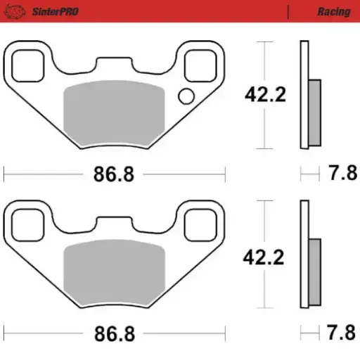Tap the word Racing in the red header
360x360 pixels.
click(x=333, y=11)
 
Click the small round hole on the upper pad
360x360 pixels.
click(x=186, y=96)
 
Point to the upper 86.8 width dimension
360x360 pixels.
click(x=113, y=174)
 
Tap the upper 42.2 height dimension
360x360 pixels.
click(x=264, y=95)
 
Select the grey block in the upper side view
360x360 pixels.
click(x=314, y=112)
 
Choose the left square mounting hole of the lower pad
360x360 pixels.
click(x=30, y=225)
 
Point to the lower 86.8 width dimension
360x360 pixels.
click(x=113, y=333)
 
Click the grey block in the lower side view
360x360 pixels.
click(x=314, y=271)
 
